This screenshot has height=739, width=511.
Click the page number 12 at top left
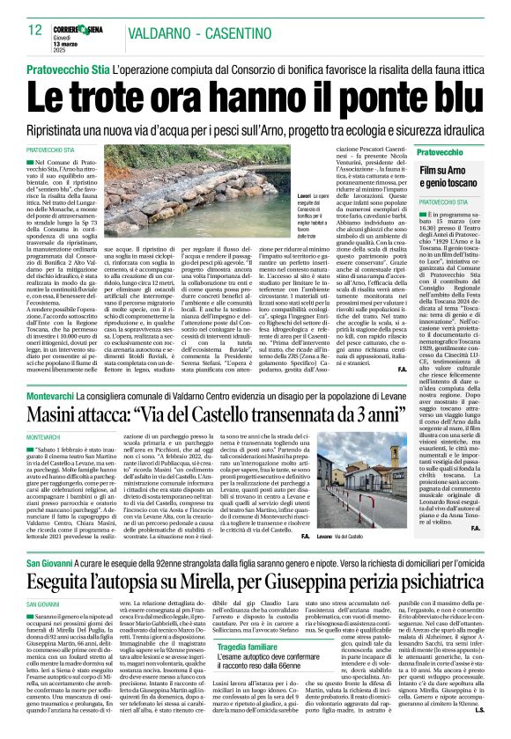[35, 30]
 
